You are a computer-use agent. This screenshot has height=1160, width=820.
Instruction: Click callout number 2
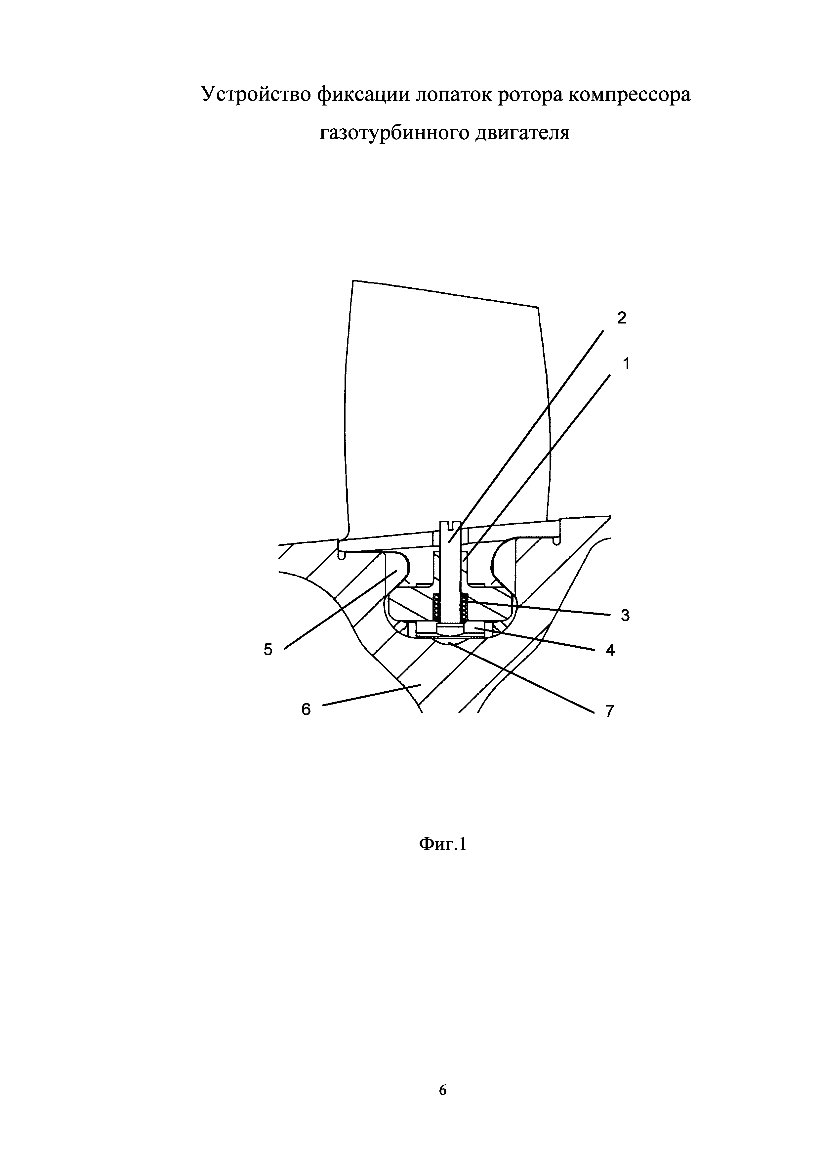(621, 318)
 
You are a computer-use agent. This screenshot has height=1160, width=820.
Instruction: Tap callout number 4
(610, 651)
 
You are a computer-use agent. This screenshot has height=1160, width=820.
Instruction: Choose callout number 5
(267, 650)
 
